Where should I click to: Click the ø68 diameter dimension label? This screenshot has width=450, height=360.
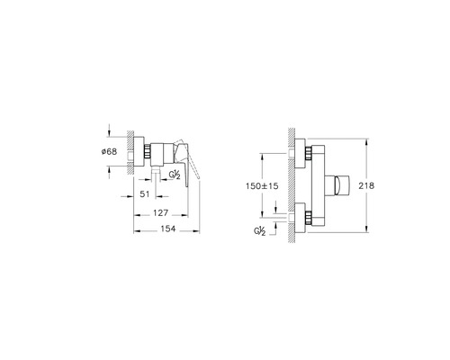pos(109,152)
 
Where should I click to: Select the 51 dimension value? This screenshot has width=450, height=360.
pos(145,194)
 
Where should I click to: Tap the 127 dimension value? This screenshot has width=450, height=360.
pos(161,213)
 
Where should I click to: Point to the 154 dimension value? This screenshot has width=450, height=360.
pos(168,229)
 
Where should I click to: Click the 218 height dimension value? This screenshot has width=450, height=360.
pos(366,186)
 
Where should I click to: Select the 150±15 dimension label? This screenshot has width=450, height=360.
pos(262,186)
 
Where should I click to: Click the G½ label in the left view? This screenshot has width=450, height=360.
pos(175,175)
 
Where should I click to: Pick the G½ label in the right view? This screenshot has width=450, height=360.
pos(260,231)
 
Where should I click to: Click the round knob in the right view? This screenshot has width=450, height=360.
pos(338,185)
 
